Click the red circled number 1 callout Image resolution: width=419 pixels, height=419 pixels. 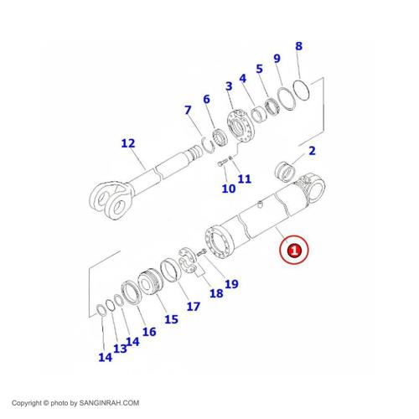coord(294,250)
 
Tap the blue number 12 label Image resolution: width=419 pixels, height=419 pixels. coord(128,143)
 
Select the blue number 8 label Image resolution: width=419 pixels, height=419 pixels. coord(299,46)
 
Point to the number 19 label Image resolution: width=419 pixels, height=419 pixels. coord(231,284)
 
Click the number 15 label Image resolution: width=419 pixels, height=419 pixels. coord(171,319)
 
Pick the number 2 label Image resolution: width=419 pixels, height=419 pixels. coord(312,151)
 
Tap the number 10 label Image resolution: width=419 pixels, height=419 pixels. coord(229,189)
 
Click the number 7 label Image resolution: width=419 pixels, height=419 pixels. coord(188,110)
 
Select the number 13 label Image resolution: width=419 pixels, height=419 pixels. coord(120,349)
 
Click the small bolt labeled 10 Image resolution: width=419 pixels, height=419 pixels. coord(222,163)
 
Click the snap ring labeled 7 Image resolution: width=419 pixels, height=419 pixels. coord(207,145)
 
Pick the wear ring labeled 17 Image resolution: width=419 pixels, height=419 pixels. coord(171,271)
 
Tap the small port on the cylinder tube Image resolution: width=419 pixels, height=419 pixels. coord(260,205)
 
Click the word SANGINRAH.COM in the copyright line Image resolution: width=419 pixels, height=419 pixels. coord(109,403)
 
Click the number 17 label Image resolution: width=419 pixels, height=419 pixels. coord(194,307)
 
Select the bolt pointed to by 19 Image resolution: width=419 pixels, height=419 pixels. coord(201,253)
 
